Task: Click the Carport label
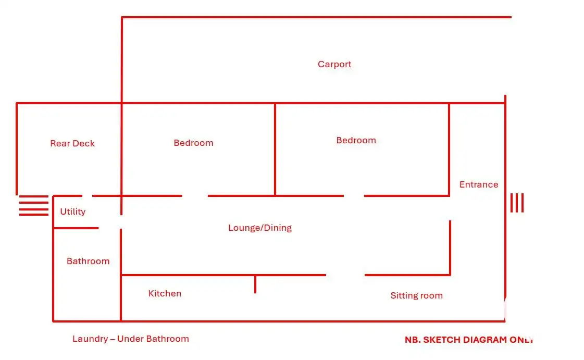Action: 334,65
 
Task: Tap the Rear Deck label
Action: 72,143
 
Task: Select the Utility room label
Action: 72,212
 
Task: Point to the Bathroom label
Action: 88,261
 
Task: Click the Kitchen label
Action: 165,293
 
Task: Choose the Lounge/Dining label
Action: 259,228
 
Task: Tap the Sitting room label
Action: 416,295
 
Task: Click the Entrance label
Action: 479,184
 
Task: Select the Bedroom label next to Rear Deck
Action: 193,143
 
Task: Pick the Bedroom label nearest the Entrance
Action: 356,140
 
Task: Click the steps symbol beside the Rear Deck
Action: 33,205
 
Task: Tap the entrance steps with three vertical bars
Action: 517,203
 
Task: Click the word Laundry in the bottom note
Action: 90,339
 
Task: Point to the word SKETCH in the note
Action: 437,340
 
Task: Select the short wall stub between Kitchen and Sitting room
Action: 255,284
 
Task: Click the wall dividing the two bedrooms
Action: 275,150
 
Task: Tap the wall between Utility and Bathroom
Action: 76,228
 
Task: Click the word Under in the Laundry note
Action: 130,339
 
